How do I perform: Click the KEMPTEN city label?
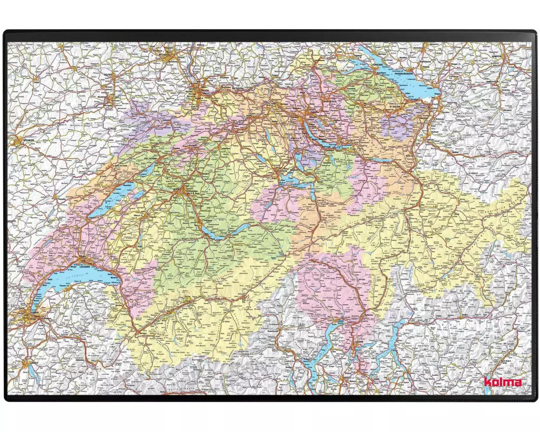[x=496, y=56]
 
